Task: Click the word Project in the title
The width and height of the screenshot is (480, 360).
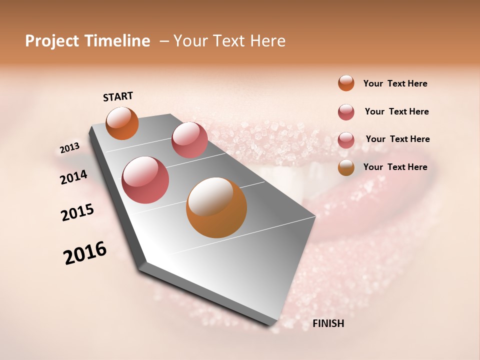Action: coord(52,41)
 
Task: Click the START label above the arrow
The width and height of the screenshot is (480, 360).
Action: coord(118,96)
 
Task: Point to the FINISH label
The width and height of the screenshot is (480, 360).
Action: coord(328,323)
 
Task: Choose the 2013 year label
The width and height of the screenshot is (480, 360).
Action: coord(69,148)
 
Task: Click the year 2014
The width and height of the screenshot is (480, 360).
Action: coord(73,177)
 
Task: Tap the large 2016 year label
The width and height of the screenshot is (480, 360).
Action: coord(85,252)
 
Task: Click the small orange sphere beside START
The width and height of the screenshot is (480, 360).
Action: coord(122,123)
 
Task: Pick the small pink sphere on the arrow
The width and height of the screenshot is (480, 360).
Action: coord(189,140)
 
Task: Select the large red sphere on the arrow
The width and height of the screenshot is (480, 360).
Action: coord(145,180)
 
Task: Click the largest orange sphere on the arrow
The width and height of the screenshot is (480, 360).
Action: coord(216,207)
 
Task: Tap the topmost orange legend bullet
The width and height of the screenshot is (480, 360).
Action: coord(346,83)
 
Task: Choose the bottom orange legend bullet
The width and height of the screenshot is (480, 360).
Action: coord(346,167)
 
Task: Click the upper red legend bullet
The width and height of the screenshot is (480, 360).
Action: coord(346,112)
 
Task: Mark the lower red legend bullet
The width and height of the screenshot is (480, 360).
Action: coord(346,140)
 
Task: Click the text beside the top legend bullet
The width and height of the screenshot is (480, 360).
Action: coord(395,83)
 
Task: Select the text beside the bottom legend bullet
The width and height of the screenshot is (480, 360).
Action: coord(395,167)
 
